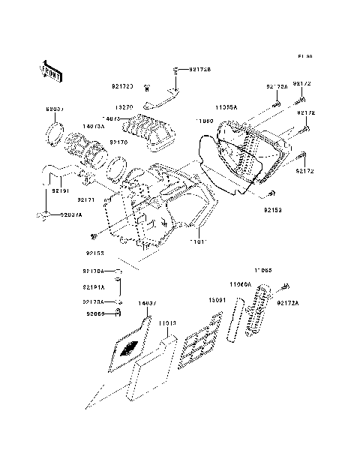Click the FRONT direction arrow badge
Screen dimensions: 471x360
click(51, 70)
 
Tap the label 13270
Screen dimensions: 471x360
click(124, 107)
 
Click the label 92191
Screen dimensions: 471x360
click(61, 191)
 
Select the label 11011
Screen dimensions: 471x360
click(198, 242)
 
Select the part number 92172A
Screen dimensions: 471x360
click(309, 302)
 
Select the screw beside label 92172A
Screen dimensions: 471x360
click(286, 286)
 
